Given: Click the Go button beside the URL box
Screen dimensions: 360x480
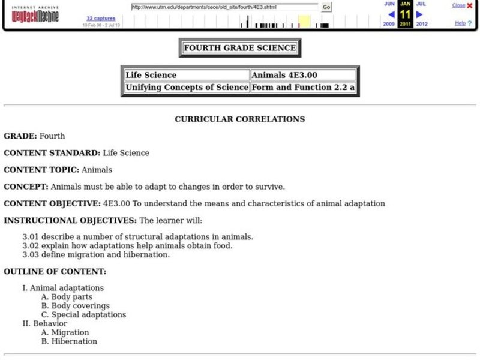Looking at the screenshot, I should pos(326,7).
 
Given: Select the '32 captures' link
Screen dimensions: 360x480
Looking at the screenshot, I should pos(101,19).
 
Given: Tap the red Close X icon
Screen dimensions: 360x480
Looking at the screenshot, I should pos(469,5).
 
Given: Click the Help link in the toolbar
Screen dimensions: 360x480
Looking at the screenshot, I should pos(460,23).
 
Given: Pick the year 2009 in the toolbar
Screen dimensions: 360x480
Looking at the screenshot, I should pos(389,24).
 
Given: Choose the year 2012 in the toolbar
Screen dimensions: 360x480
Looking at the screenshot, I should pos(422,24).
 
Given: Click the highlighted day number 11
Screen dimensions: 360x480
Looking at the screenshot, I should pos(405,14).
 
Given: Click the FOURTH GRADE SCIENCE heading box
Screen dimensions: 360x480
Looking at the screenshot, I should pos(239,48).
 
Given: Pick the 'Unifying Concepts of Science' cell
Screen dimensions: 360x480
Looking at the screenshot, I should pos(186,87).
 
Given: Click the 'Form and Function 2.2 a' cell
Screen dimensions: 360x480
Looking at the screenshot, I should pos(302,87).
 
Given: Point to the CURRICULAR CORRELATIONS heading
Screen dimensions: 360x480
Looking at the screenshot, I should pos(239,119).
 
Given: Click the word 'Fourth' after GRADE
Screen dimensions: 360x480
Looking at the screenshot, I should pos(52,136).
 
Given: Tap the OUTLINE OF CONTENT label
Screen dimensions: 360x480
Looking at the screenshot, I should pos(55,271).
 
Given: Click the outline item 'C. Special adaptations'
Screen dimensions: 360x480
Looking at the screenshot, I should pos(83,314).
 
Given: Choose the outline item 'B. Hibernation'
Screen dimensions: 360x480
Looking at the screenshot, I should pos(69,341).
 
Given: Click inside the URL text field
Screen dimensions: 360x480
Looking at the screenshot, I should pos(224,7).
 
